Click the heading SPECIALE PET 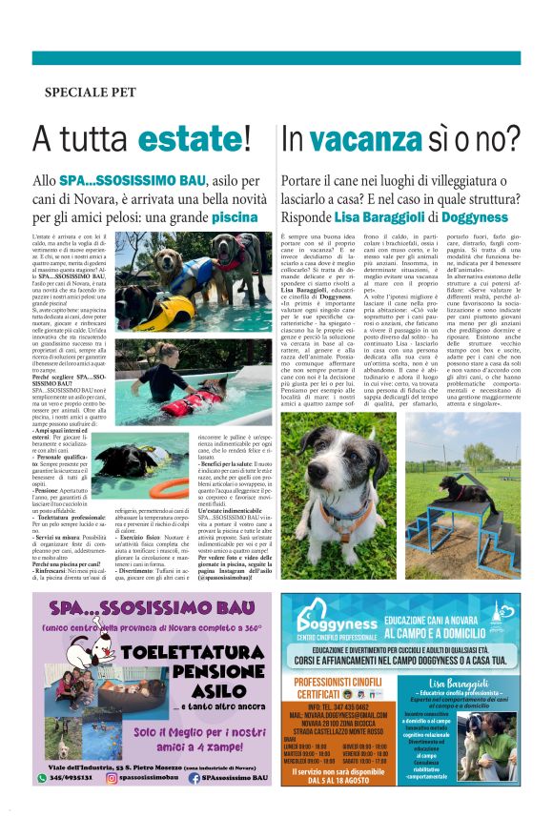click(91, 92)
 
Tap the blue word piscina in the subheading click(235, 217)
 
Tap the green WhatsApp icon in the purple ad click(42, 778)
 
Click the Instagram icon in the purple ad click(112, 778)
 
